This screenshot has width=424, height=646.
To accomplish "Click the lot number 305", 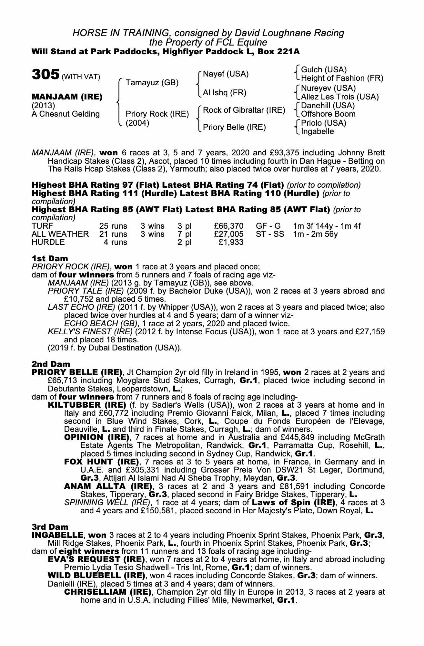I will point(45,75).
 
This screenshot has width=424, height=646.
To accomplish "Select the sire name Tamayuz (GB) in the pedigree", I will point(152,83).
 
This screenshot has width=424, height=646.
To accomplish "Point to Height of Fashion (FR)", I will point(342,78).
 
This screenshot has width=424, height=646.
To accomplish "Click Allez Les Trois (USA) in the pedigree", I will point(339,97).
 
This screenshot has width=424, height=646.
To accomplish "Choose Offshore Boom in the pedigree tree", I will point(328,114).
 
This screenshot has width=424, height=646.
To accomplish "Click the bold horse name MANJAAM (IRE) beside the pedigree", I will point(67,97).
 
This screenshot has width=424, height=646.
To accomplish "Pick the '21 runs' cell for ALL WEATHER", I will point(113,234).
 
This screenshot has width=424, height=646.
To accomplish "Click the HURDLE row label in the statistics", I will point(48,242).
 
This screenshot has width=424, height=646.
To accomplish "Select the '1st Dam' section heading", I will point(50,258).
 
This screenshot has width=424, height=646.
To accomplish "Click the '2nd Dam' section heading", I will point(51,364).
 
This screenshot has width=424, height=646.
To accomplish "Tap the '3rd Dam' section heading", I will point(50,527).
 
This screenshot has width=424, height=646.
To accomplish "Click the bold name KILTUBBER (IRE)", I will point(87,405).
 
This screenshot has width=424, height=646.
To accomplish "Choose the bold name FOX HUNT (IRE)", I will point(101,462).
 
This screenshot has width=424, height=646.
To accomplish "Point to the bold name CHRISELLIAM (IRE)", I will point(108,592).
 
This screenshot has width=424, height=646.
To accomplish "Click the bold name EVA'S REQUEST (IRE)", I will point(96,559).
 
